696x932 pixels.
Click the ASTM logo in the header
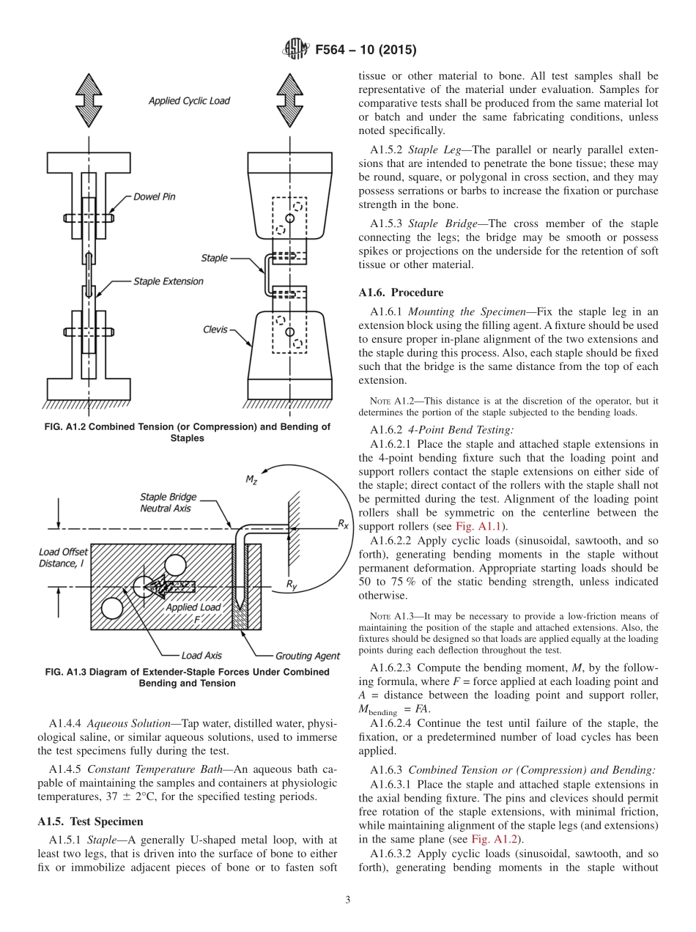[296, 51]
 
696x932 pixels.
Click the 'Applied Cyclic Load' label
[189, 101]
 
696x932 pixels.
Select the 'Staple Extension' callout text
[168, 281]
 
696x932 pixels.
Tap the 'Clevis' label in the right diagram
[216, 330]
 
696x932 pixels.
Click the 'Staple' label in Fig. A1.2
[214, 258]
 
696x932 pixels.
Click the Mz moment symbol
[251, 480]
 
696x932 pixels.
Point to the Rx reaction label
[343, 524]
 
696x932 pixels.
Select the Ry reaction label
[292, 585]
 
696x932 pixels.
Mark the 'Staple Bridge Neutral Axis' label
[168, 503]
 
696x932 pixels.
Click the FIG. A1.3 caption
[187, 678]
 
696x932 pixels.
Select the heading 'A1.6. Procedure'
[400, 292]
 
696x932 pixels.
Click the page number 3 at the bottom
[348, 900]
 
